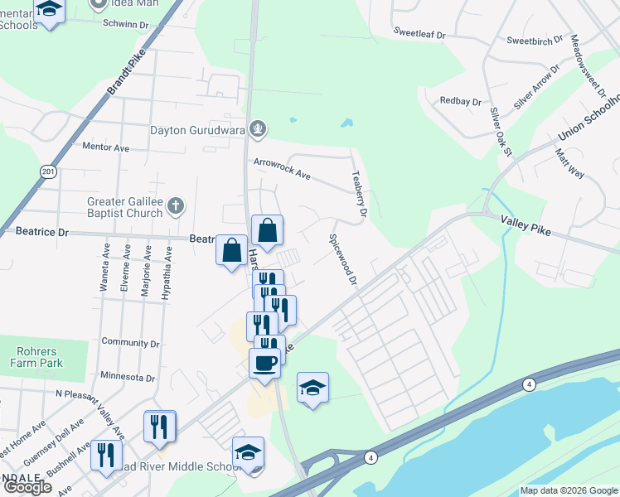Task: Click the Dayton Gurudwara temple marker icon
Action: [x=259, y=128]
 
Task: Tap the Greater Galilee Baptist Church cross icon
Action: [x=175, y=205]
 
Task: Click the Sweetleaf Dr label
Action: [x=419, y=36]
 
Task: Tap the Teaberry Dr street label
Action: [x=358, y=195]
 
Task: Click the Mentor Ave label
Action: [x=106, y=147]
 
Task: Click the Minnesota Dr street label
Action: [x=128, y=377]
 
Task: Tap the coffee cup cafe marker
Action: [x=264, y=363]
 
